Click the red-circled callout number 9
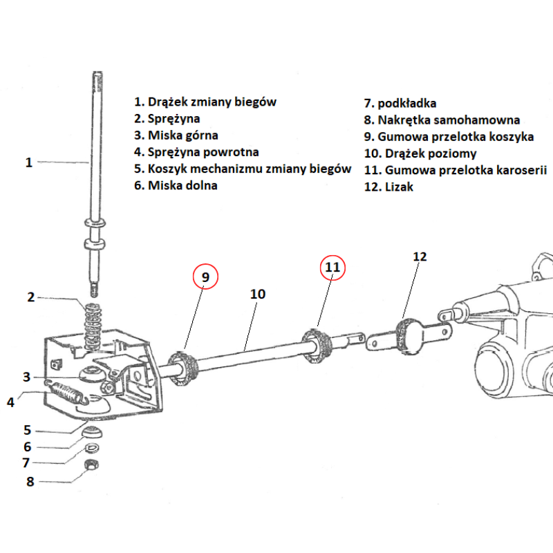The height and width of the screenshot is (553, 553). point(205,277)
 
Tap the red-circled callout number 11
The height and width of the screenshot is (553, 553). point(332,267)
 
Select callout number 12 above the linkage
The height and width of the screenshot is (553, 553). point(420,256)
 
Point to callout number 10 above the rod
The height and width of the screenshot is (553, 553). point(257,294)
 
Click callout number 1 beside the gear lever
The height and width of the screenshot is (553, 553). point(29,162)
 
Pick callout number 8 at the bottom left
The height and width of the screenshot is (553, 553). point(30,481)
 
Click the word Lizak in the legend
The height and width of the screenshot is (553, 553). point(400,187)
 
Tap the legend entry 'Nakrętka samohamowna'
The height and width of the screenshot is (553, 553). point(449,120)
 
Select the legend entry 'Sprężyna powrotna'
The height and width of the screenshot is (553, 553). point(203,152)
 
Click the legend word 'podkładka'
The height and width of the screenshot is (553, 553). point(407,103)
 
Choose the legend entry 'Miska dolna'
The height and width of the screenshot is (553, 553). point(182,185)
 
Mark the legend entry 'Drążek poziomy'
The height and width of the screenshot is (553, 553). point(431,153)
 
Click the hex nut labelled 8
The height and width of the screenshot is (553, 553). point(92,465)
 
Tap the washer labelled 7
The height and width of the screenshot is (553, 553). point(92,448)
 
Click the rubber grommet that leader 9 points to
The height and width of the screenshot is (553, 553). point(182,368)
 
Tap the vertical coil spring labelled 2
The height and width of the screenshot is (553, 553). point(93,326)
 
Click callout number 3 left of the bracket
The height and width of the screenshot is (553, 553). point(26,377)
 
